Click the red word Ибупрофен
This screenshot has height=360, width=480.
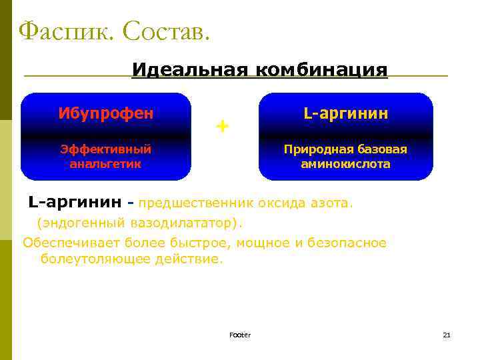106,113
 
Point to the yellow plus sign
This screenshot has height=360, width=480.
222,125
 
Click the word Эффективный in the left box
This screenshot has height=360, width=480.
106,149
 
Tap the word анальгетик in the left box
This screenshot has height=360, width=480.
106,163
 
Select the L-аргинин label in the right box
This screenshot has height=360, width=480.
345,113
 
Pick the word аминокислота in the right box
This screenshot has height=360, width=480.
345,163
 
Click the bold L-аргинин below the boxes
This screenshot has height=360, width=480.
75,201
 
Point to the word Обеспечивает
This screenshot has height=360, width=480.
65,243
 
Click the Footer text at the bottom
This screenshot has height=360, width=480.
239,335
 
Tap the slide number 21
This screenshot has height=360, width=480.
447,335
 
